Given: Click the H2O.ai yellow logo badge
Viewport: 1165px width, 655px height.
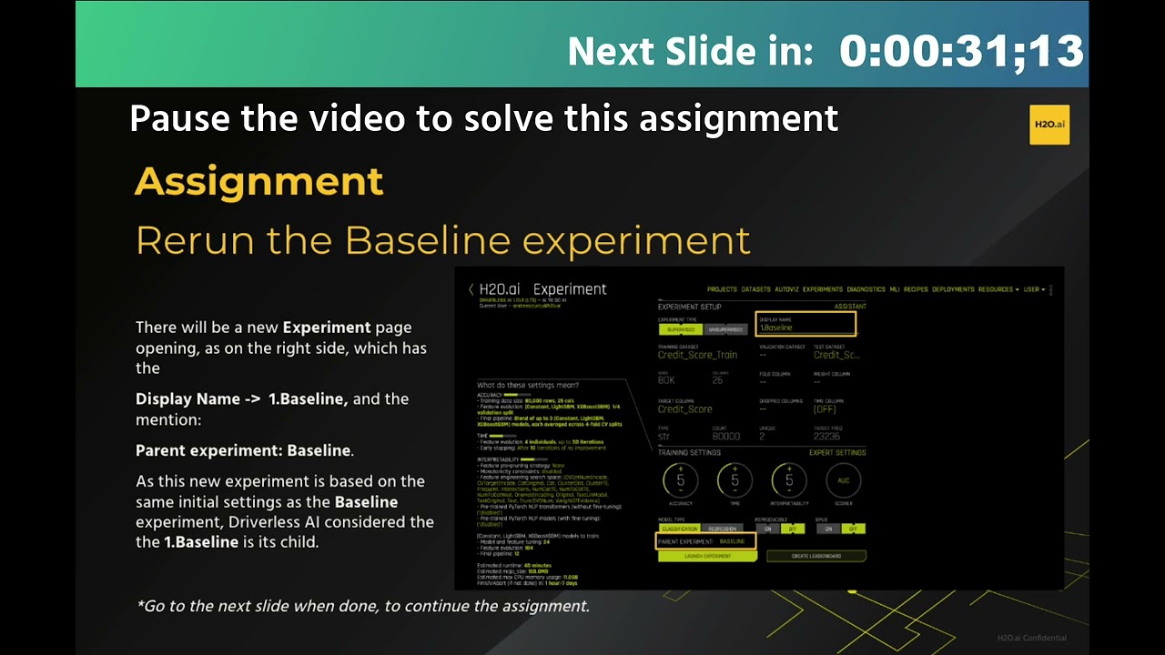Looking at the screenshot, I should point(1049,125).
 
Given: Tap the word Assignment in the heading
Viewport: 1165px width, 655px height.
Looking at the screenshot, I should point(258,182).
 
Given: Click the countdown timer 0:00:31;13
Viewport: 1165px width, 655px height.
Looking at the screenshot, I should point(961,51).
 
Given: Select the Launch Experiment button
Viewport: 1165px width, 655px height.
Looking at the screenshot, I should point(707,556).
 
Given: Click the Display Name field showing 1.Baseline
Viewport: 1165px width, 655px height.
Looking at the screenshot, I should point(805,324).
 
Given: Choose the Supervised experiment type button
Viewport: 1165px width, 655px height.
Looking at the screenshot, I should point(680,329).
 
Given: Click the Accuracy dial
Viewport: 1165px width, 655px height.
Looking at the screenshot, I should point(680,480).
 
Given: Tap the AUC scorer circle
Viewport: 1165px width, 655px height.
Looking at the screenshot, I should point(842,480).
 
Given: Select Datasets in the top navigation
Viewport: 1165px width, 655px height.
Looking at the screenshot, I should point(755,289).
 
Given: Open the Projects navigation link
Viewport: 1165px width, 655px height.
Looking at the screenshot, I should point(722,289).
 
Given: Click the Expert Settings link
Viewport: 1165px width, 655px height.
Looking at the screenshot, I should point(837,452).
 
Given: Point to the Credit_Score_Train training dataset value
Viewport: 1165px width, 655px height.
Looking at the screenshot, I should point(697,355).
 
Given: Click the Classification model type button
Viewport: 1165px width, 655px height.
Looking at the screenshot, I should point(679,529).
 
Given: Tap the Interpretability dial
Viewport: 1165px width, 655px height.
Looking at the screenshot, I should point(788,480).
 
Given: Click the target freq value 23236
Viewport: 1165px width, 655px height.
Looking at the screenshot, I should point(827,437).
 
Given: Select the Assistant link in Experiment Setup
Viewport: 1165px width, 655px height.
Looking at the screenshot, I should point(850,307).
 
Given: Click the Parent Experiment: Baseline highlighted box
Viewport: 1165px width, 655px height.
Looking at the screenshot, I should point(706,541).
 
